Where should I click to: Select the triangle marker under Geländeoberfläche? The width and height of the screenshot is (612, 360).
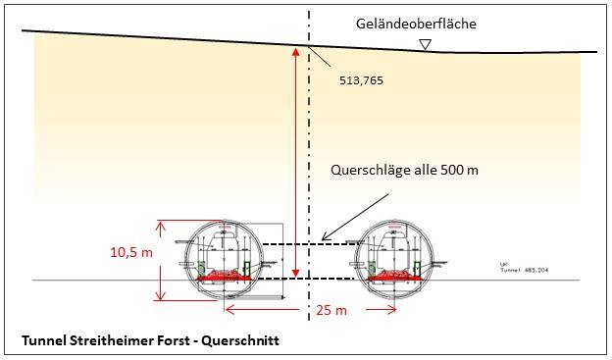click(x=425, y=44)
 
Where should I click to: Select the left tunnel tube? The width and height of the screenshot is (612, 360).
click(x=227, y=256)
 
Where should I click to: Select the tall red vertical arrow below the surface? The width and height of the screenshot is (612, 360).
click(x=295, y=162)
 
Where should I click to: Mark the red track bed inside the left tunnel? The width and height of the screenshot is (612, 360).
click(x=227, y=278)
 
